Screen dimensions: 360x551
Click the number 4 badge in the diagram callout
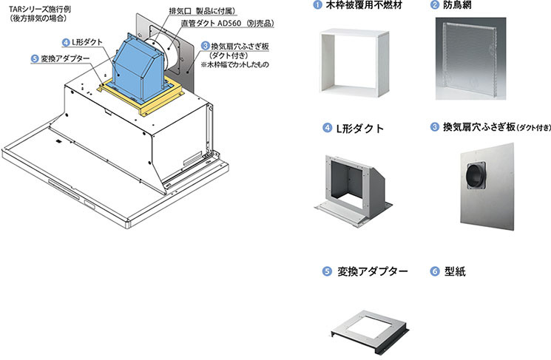click(67, 43)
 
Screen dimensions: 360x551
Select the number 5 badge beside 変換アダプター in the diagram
click(35, 59)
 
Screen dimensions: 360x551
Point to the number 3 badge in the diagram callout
click(205, 46)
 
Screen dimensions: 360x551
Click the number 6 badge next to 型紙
click(434, 271)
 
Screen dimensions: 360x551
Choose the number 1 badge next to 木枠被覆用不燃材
click(317, 6)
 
